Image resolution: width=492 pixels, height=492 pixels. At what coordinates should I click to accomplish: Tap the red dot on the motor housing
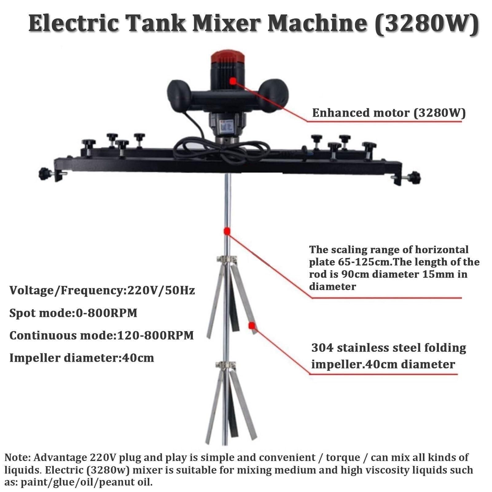[233, 80]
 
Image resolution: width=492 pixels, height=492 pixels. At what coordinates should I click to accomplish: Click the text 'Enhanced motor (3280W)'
[389, 113]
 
